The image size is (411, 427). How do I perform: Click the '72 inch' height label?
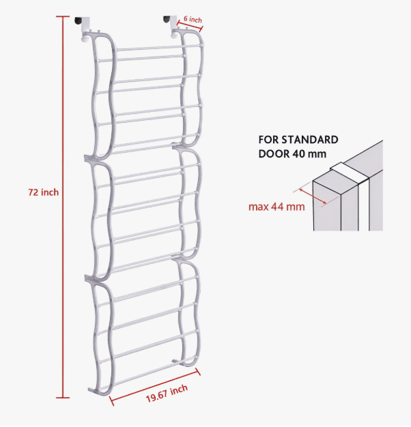coord(43,192)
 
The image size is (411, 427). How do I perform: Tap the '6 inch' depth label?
coord(193,19)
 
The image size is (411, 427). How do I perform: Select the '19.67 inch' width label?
coord(167,393)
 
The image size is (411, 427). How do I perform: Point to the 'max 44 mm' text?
coord(277,207)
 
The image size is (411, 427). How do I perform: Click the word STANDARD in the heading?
coord(310,140)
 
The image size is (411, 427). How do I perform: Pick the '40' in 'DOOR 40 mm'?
coord(298,154)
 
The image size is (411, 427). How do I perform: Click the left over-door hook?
coord(83,29)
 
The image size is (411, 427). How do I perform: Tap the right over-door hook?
coord(171,26)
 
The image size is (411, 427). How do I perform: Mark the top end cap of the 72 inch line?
coord(63,16)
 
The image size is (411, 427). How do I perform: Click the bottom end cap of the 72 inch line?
coord(63,398)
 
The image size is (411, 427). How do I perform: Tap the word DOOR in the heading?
coord(274,154)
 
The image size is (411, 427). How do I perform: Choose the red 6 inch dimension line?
coord(189,25)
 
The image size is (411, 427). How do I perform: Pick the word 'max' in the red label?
coord(258,207)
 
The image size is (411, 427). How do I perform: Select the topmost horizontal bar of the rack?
coord(160,48)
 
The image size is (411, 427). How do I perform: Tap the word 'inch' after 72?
coord(50,192)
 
